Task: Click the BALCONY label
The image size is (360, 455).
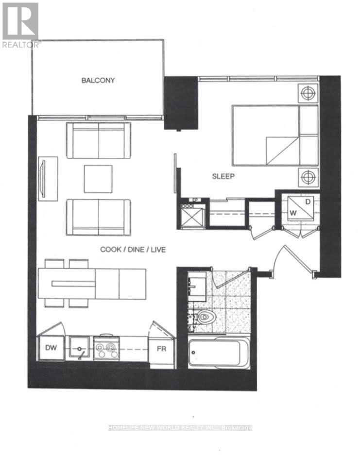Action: [98, 80]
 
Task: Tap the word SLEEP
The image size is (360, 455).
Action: [223, 176]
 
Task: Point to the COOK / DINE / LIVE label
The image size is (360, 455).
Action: [133, 250]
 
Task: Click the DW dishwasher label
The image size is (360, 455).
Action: [51, 348]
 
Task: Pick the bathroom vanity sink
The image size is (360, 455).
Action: [198, 285]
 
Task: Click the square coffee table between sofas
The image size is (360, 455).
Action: [98, 179]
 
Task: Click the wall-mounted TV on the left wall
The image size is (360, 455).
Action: [48, 177]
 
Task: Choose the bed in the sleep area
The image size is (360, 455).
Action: [274, 135]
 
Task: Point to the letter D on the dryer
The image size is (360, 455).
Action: [308, 201]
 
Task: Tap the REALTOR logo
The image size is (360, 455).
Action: [20, 24]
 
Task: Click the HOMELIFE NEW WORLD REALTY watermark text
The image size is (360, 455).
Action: [180, 428]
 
